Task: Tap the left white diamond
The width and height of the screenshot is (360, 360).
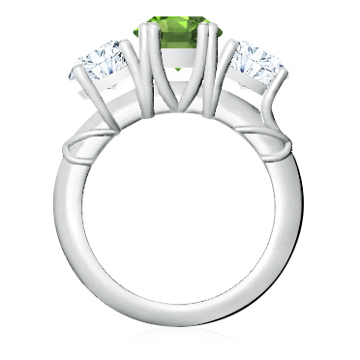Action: click(x=102, y=63)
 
